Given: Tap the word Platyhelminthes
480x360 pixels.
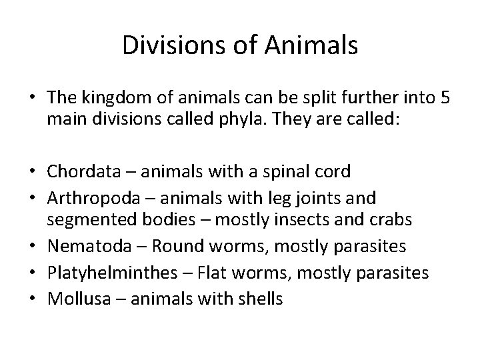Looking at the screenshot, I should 95,272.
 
